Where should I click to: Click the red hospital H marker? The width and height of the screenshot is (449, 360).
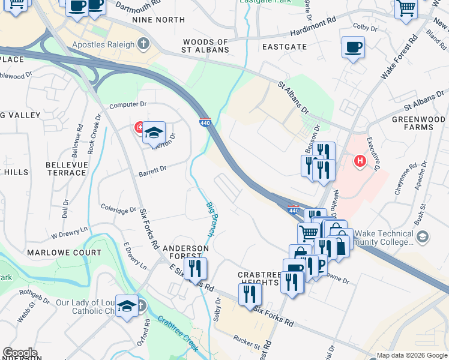coord(360,161)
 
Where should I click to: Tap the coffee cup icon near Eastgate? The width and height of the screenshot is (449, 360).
coord(353,47)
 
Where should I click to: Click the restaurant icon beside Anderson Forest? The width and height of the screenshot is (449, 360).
coord(195,268)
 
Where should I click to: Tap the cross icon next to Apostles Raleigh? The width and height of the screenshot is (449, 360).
coord(142,44)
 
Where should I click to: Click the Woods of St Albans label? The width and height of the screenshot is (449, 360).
coord(206,46)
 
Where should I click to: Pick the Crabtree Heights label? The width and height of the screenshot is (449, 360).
coord(259,278)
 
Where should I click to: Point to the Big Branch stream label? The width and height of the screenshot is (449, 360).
coord(212,220)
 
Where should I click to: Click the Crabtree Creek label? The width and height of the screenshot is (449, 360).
coord(178,332)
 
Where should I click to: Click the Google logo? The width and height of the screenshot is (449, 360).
coord(20,353)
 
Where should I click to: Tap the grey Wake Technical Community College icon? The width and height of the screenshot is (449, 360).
coord(423,238)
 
